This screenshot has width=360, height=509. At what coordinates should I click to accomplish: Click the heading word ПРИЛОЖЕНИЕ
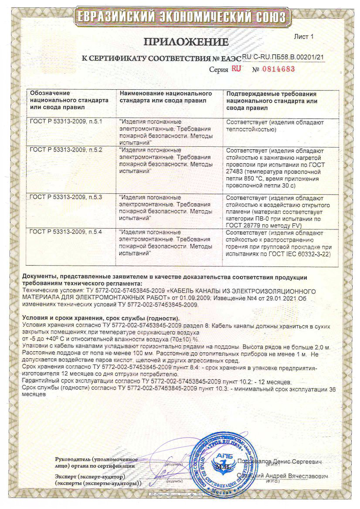pyautogui.click(x=186, y=42)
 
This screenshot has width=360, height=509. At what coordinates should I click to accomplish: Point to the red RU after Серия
pyautogui.click(x=236, y=69)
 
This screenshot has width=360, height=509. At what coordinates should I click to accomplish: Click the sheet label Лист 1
pyautogui.click(x=304, y=37)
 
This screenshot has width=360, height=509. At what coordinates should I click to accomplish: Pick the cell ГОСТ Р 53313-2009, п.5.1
pyautogui.click(x=65, y=122)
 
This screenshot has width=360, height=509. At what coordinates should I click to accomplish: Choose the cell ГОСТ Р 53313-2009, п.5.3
pyautogui.click(x=65, y=197)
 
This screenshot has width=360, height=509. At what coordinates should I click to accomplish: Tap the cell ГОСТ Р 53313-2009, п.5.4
pyautogui.click(x=65, y=232)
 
